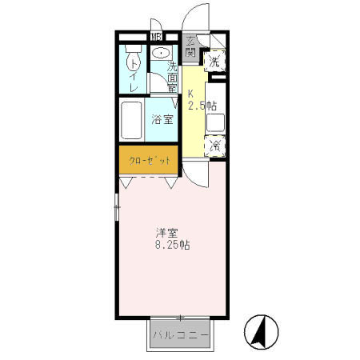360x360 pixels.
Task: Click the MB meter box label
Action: coord(157,36)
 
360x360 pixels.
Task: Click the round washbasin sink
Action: coord(161,54)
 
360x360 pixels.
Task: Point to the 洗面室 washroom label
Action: coord(172,78)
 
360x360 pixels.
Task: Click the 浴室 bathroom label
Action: coord(162,121)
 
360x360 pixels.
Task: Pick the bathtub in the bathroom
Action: coord(132,121)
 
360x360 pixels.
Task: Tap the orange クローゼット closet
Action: coord(149,160)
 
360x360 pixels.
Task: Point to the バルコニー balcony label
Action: coord(181,334)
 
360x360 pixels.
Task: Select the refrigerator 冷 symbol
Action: coord(214,146)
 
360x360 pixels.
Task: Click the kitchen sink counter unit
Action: coord(214,122)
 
